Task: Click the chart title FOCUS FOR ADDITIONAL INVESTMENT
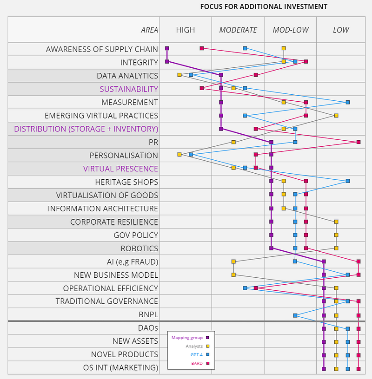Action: (x=263, y=7)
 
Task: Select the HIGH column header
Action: (x=186, y=30)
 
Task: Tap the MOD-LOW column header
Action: (x=291, y=30)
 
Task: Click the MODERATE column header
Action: (x=238, y=30)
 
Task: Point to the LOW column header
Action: (x=341, y=30)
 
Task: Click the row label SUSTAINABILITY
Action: (x=129, y=89)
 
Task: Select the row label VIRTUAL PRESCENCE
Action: (x=120, y=169)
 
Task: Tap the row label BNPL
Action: (x=148, y=314)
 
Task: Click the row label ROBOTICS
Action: (x=139, y=248)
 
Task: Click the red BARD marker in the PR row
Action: (x=359, y=142)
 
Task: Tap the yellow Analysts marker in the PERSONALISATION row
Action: (x=179, y=154)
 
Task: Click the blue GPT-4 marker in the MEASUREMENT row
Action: (x=348, y=102)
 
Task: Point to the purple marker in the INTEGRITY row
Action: (x=167, y=61)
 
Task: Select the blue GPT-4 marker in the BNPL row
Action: (x=295, y=315)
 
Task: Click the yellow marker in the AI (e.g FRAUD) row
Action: (x=233, y=261)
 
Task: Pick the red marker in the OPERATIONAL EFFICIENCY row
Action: (x=256, y=288)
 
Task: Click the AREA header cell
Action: (x=149, y=30)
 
